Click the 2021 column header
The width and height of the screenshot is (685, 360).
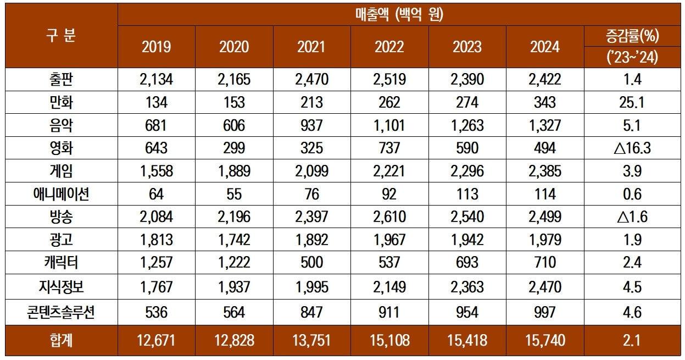pyautogui.click(x=311, y=47)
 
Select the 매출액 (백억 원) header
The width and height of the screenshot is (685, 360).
pyautogui.click(x=399, y=14)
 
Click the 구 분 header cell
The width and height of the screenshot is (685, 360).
pyautogui.click(x=60, y=36)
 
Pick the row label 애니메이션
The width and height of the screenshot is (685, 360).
pyautogui.click(x=60, y=194)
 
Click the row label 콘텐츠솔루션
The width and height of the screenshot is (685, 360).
pyautogui.click(x=60, y=312)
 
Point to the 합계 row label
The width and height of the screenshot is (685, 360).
pyautogui.click(x=60, y=340)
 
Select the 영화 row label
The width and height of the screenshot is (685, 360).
pyautogui.click(x=60, y=148)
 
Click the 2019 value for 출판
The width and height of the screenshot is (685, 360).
pyautogui.click(x=157, y=80)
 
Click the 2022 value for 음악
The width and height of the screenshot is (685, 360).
pyautogui.click(x=389, y=125)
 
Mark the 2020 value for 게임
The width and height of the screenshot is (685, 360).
pyautogui.click(x=234, y=171)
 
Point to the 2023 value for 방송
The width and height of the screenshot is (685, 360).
pyautogui.click(x=467, y=217)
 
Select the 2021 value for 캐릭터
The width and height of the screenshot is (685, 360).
pyautogui.click(x=311, y=262)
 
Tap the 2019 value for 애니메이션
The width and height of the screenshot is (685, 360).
pyautogui.click(x=157, y=194)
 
